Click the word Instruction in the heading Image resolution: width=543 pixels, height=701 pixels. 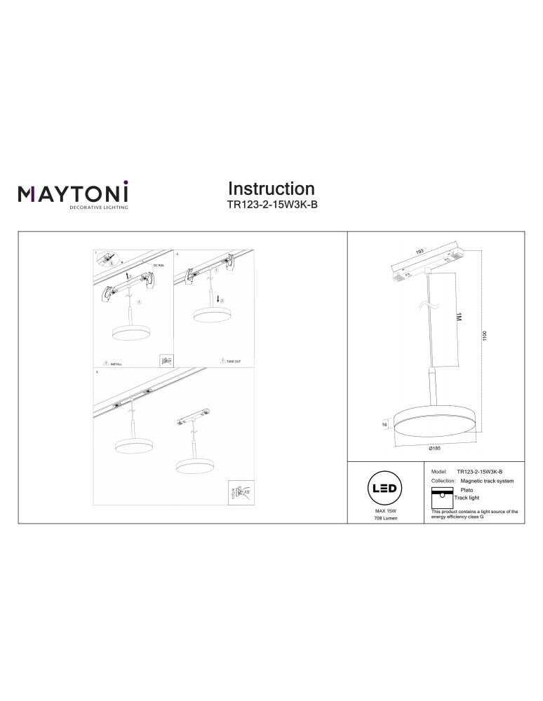271,189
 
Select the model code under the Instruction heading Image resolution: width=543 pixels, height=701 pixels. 271,206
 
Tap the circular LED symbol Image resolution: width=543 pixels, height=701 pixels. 385,489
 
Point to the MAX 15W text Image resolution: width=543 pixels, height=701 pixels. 385,512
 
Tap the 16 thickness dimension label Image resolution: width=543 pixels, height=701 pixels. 385,425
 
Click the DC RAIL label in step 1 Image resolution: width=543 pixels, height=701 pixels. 158,265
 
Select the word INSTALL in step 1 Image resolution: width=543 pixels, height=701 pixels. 116,365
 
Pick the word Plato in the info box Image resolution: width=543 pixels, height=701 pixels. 467,490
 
